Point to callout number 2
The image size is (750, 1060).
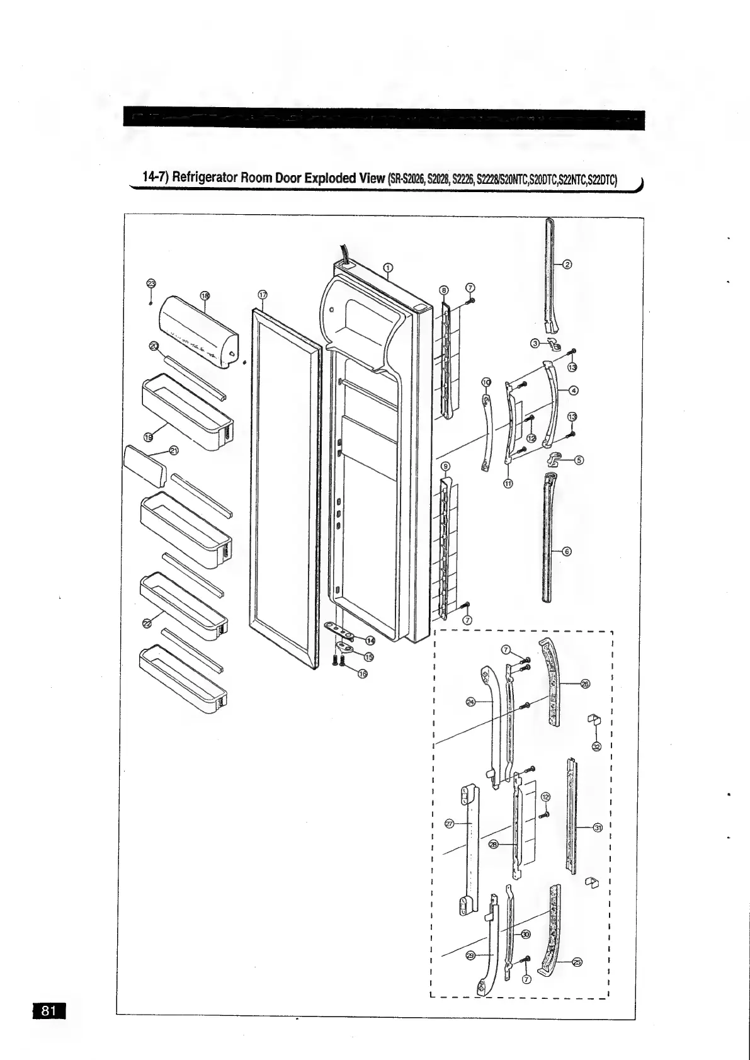(567, 264)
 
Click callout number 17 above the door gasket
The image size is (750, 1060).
(263, 295)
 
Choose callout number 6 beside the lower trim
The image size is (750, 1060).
(566, 552)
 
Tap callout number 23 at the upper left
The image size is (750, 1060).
(151, 284)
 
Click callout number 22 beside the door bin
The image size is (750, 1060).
(147, 624)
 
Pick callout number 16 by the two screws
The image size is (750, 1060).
(362, 674)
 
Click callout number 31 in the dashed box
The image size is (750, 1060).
(598, 827)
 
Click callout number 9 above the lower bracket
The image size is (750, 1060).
(446, 467)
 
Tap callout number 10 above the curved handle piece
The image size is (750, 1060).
(486, 382)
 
